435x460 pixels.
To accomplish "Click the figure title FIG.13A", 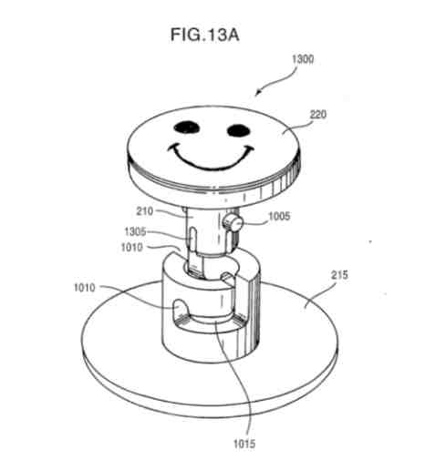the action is coord(204,35).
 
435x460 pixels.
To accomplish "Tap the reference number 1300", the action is coord(303,59).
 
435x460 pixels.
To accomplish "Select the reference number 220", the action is coord(317,115).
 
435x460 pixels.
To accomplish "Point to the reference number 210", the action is coord(145,211).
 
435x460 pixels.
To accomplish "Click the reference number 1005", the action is coord(279,216).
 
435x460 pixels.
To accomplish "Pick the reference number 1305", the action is coord(135,232).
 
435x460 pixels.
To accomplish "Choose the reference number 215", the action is coord(338,275).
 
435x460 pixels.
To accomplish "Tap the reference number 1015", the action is coord(244,444).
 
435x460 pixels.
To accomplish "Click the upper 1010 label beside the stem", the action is coord(131,248).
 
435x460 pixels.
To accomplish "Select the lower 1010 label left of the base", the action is coord(85,287).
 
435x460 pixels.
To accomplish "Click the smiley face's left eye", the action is coord(187,128).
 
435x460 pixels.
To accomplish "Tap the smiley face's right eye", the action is coord(239,130).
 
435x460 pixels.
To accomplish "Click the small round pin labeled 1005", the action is coord(233,224).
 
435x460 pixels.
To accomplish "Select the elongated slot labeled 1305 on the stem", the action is coord(192,239).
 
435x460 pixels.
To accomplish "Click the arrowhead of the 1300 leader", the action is coord(257,94).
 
